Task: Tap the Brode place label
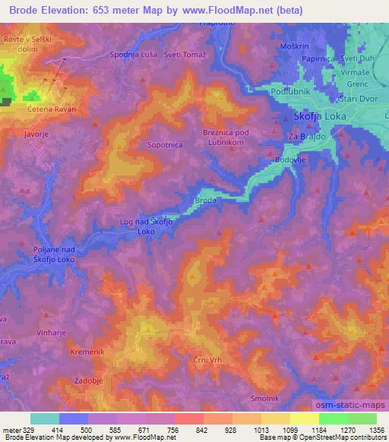coord(206,200)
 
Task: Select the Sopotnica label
coord(165,142)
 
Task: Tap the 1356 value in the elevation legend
coord(375,430)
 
